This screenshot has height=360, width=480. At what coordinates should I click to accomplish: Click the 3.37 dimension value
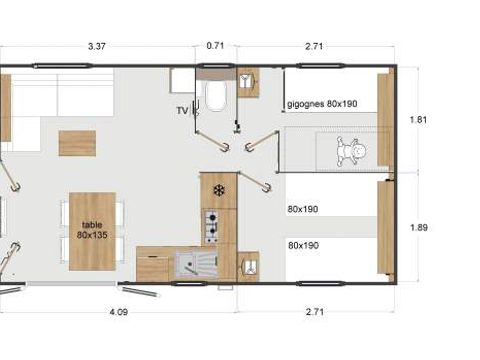pos(97,45)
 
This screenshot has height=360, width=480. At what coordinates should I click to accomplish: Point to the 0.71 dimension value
pos(215,45)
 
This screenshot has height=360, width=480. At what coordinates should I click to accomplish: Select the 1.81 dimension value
pos(418,120)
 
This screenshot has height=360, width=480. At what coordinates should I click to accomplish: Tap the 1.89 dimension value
pos(418,227)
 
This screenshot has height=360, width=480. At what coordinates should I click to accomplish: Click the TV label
pos(182,111)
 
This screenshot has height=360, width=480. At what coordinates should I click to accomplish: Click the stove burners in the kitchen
pos(211,227)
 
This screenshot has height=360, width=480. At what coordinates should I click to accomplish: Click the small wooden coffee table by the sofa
pos(77,143)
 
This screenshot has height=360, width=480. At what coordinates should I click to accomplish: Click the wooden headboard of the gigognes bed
pos(384,107)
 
